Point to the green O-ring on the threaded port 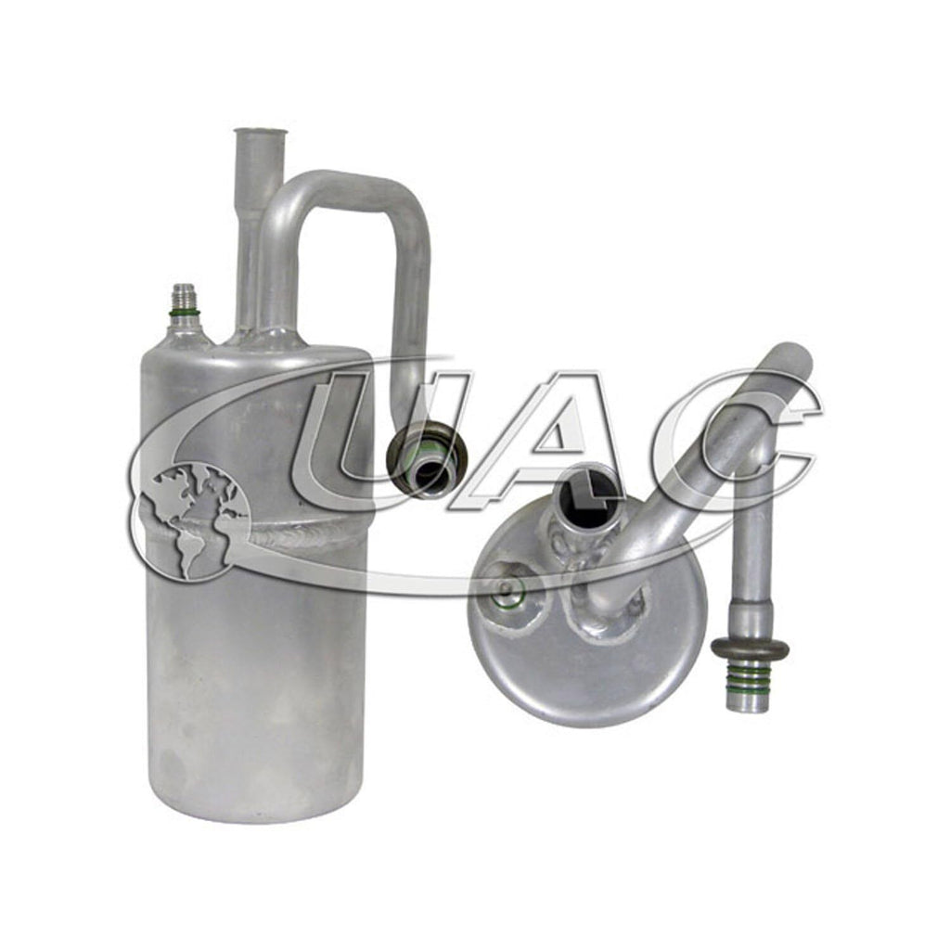[x=185, y=313]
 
